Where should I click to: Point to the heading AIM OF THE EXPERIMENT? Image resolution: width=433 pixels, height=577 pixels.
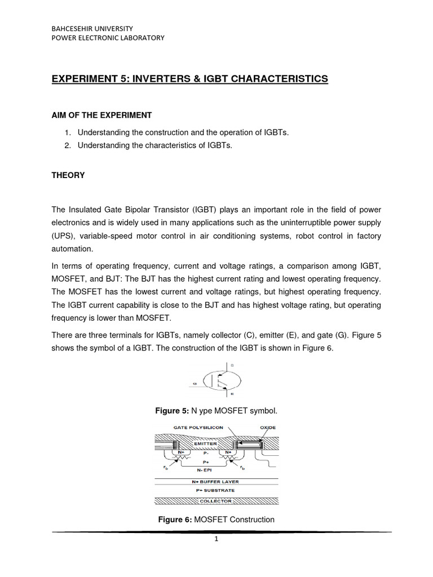[x=102, y=115]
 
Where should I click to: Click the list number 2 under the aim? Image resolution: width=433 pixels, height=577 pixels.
[x=66, y=145]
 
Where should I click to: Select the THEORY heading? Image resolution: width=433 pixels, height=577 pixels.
[x=68, y=175]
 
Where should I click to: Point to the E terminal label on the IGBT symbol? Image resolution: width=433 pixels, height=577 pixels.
[x=232, y=394]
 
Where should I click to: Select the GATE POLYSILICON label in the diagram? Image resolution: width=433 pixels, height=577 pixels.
[x=188, y=428]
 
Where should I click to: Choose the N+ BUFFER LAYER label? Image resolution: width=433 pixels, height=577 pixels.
[x=216, y=482]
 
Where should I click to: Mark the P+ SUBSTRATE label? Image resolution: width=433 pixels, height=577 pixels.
[x=216, y=490]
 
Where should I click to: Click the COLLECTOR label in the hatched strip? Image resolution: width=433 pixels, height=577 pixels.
[x=216, y=500]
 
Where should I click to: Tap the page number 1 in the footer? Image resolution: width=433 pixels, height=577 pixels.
[x=215, y=539]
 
